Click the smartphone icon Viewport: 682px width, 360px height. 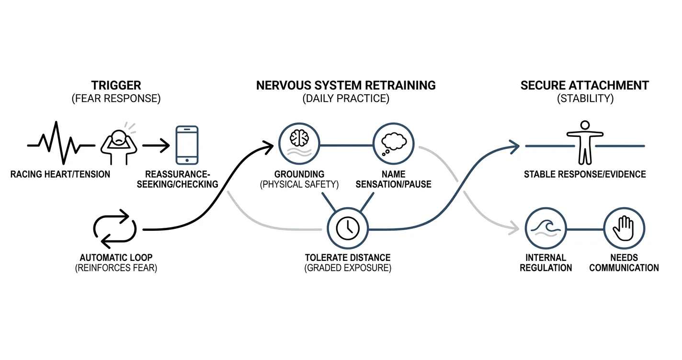[187, 145]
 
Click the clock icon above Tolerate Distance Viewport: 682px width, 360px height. [348, 228]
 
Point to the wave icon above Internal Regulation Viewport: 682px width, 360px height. [546, 228]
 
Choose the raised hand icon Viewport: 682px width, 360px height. [624, 228]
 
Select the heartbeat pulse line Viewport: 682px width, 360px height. [61, 143]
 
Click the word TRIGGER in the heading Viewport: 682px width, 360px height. [116, 86]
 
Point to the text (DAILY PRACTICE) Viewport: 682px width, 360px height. [346, 99]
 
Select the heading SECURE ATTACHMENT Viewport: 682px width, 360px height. [585, 86]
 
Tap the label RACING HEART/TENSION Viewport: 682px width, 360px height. [60, 174]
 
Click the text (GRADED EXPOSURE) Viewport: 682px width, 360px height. [348, 268]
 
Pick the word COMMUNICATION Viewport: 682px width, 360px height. [624, 268]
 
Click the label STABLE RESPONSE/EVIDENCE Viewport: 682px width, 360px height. [585, 174]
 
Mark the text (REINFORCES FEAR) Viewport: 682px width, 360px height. [116, 268]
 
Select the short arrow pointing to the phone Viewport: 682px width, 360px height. [156, 146]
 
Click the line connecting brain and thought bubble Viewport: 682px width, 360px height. [346, 146]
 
